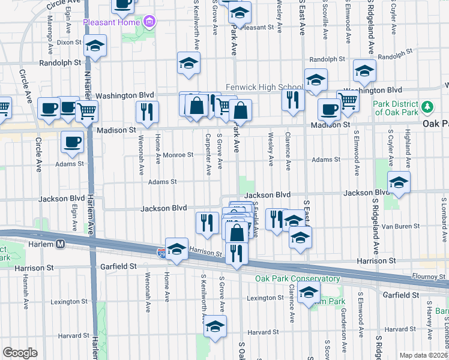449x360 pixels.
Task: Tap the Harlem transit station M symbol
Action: [60, 244]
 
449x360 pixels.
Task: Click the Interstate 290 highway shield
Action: [162, 254]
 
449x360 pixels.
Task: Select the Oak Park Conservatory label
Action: [289, 278]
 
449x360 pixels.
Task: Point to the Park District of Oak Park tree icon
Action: [427, 107]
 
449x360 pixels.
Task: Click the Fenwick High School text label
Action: [264, 86]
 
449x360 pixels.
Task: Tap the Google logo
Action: [20, 353]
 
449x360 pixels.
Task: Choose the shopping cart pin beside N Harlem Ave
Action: [87, 111]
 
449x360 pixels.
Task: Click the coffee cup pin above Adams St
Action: [73, 143]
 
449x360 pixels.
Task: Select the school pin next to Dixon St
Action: [95, 46]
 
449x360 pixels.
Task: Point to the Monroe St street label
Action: [178, 154]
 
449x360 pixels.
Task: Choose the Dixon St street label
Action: [70, 43]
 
